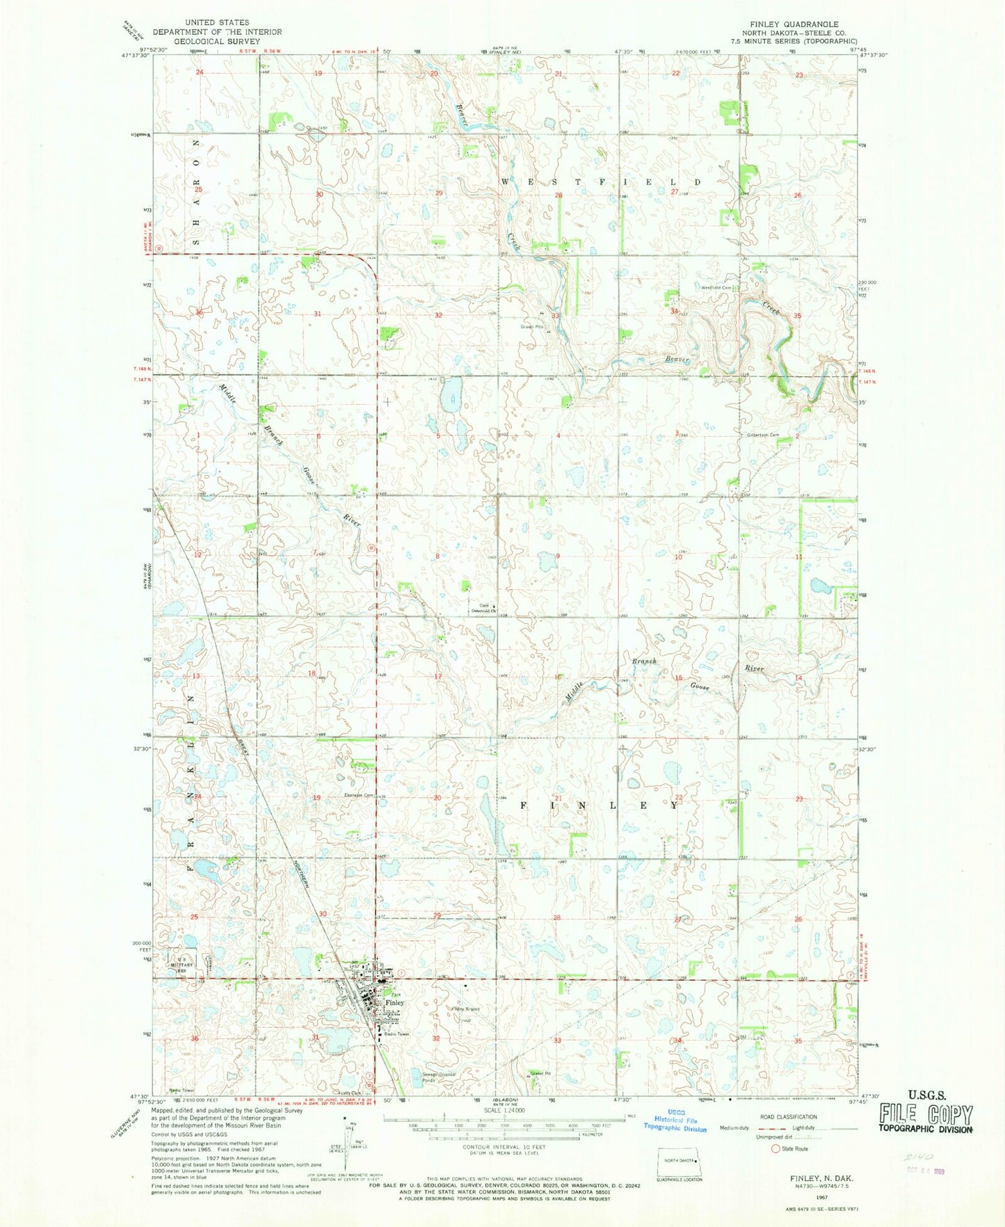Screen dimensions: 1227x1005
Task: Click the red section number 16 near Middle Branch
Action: click(557, 677)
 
